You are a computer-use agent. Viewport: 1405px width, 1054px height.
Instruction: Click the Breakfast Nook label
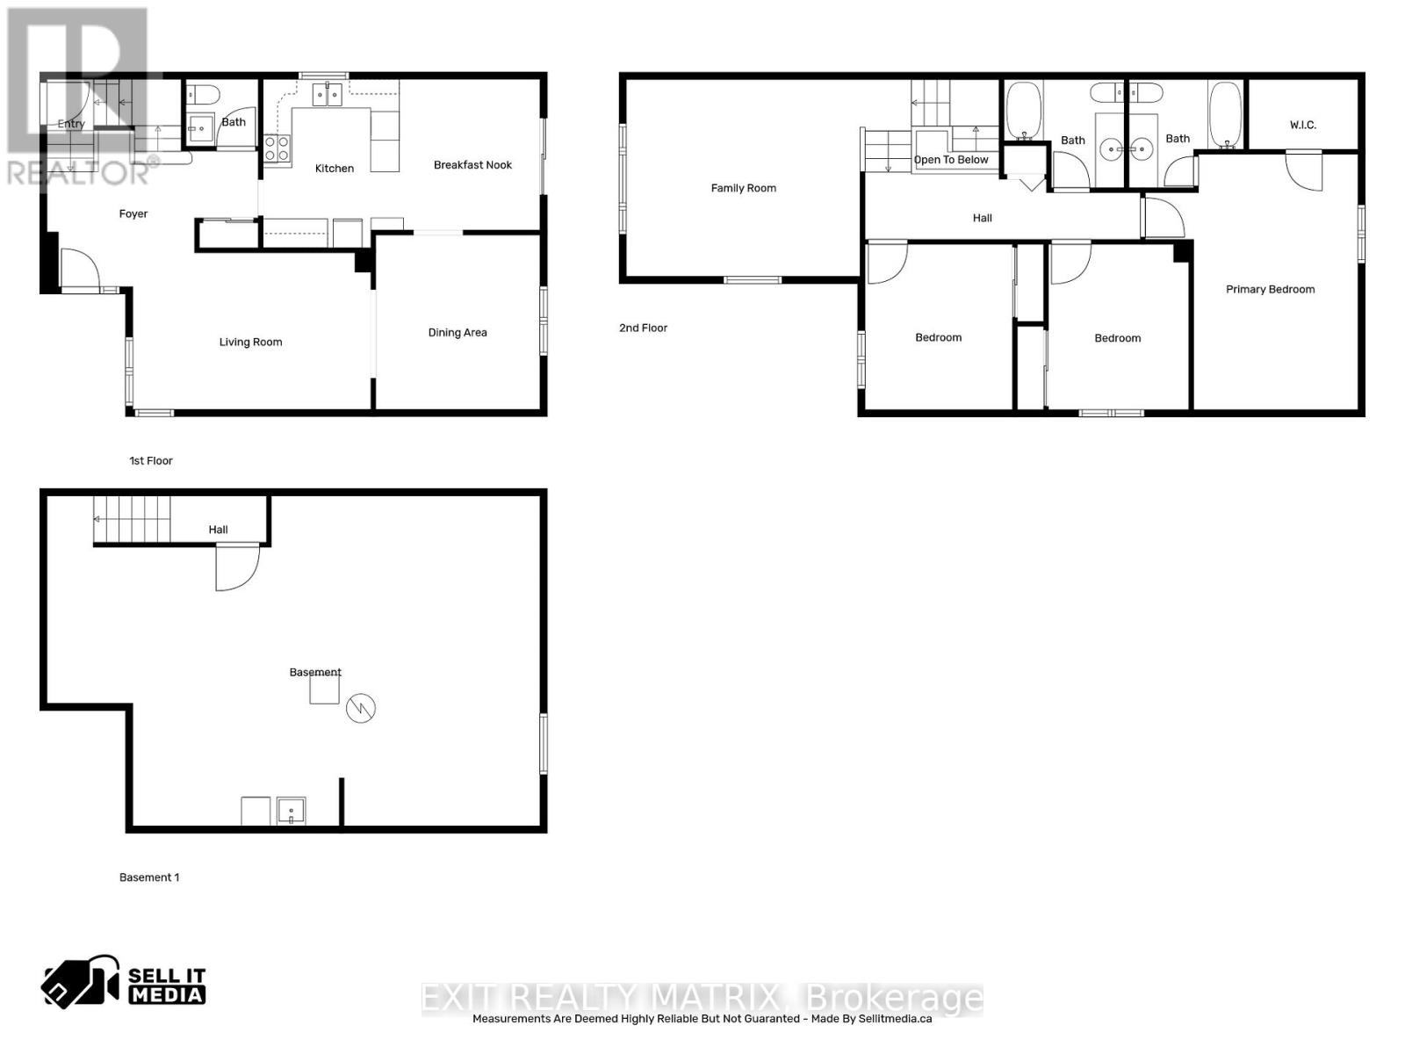coord(472,165)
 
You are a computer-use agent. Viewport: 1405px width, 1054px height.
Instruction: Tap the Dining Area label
coord(457,333)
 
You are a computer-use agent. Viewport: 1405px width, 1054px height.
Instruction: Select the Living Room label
coord(250,343)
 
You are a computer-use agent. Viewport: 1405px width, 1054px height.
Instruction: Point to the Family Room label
coord(743,188)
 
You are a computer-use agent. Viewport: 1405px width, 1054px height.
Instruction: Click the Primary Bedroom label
coord(1270,290)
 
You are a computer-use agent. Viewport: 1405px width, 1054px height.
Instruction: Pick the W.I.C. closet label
coord(1302,125)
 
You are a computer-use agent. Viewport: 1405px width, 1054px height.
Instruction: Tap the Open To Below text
coord(951,160)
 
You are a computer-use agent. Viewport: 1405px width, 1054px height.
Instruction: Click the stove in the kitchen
coord(277,148)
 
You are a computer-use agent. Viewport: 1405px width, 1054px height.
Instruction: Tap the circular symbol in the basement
coord(361,708)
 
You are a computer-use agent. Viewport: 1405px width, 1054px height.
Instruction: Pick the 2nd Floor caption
coord(643,328)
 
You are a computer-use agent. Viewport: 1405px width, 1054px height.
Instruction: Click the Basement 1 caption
coord(149,877)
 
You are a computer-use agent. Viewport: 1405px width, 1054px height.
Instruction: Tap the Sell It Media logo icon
coord(80,983)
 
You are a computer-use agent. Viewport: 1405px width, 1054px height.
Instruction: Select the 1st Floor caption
coord(151,461)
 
